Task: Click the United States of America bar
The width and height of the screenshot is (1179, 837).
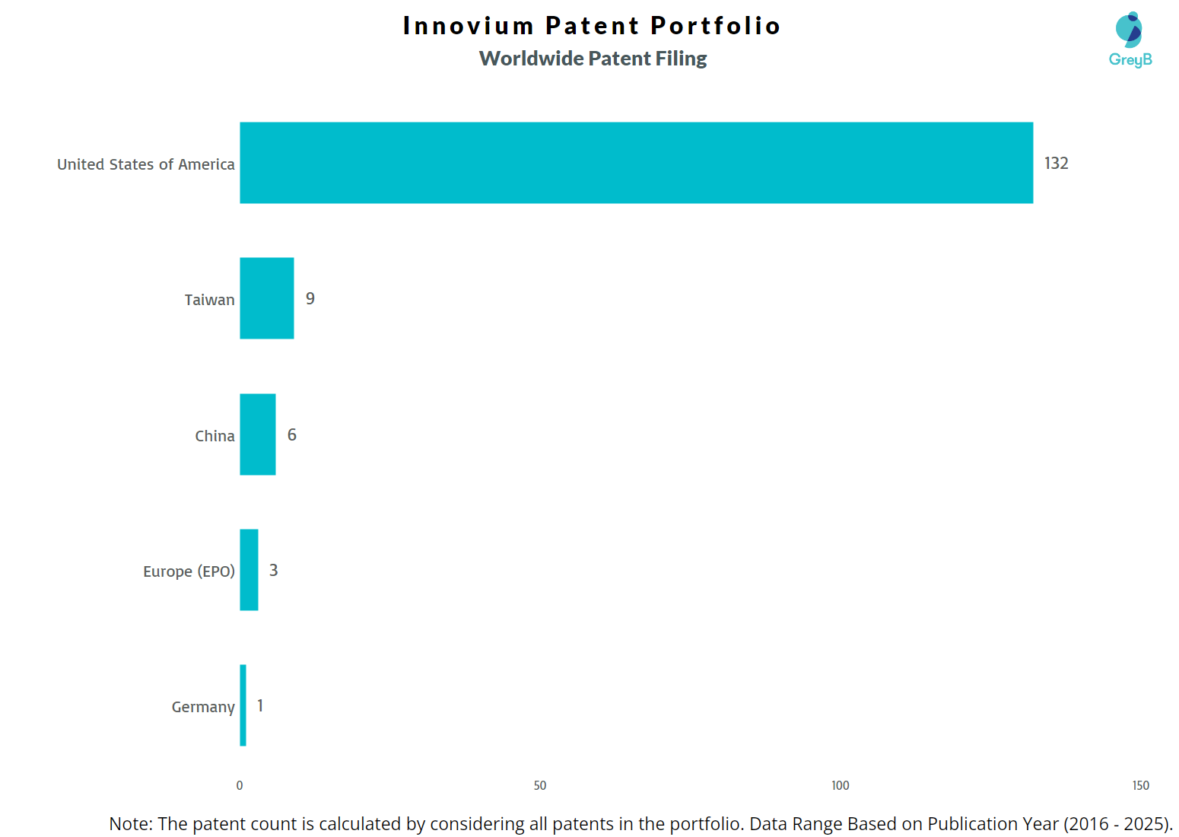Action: (636, 163)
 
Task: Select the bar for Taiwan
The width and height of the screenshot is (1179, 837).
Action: (266, 298)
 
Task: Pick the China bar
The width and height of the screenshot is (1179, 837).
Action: (257, 434)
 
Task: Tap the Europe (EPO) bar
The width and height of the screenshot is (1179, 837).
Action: (249, 570)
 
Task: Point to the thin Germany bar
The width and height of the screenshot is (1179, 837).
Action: (243, 705)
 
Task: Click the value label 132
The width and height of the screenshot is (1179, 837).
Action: (1056, 164)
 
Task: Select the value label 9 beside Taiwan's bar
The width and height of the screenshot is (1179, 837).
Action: (310, 299)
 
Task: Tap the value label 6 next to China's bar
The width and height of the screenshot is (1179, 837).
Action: (292, 435)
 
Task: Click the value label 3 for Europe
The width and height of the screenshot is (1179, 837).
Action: (274, 571)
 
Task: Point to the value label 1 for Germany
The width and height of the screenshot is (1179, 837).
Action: (260, 706)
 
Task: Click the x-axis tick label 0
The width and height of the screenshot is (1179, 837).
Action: (240, 785)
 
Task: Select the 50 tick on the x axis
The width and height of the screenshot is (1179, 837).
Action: (540, 785)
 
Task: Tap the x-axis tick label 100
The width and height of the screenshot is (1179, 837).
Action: (840, 785)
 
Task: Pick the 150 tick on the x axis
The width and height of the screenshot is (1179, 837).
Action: (1140, 785)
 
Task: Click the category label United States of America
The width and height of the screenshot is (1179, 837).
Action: (146, 164)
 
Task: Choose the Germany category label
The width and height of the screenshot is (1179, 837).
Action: (203, 707)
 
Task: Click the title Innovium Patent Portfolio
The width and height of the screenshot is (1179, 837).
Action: (592, 26)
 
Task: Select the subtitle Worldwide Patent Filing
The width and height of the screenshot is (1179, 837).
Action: (593, 59)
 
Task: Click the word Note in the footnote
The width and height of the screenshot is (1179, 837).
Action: (130, 824)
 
